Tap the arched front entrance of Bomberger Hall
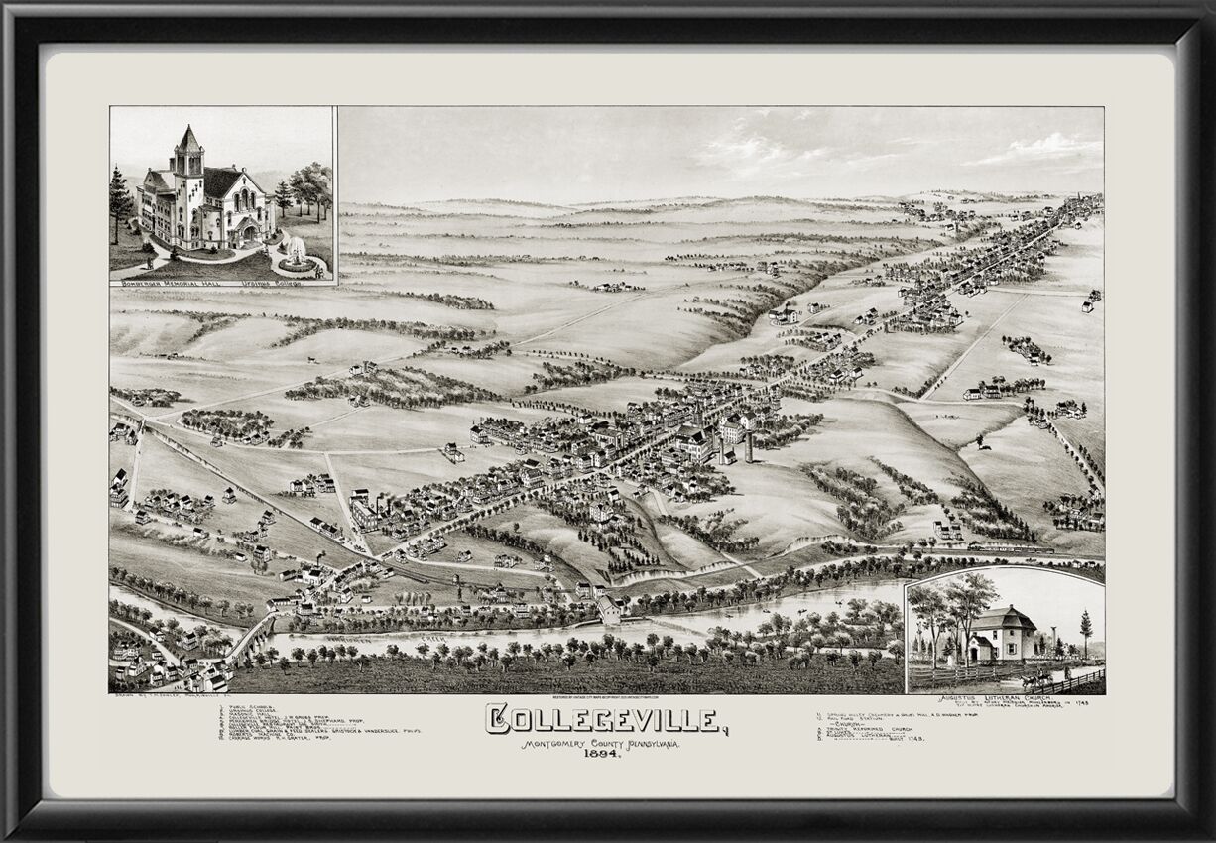pyautogui.click(x=245, y=233)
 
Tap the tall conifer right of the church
pyautogui.click(x=1086, y=631)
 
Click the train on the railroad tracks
pyautogui.click(x=1012, y=546)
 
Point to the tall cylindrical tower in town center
pyautogui.click(x=749, y=446)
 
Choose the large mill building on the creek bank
pyautogui.click(x=609, y=608)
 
